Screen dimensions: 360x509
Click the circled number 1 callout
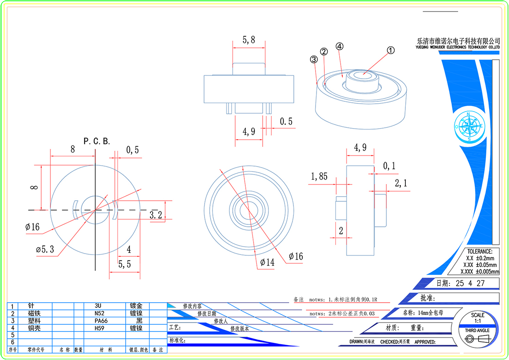pos(391,51)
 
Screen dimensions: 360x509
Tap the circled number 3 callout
pos(314,60)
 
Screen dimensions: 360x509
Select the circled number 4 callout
pos(339,47)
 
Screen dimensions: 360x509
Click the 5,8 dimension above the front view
pos(248,40)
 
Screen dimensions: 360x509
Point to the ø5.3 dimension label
pos(45,249)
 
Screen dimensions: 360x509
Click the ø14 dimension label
pos(267,262)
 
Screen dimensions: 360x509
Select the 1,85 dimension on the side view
pos(319,176)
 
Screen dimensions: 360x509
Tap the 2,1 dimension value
pos(401,184)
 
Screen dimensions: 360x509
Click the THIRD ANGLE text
pos(477,330)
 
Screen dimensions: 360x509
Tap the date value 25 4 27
pos(470,283)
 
